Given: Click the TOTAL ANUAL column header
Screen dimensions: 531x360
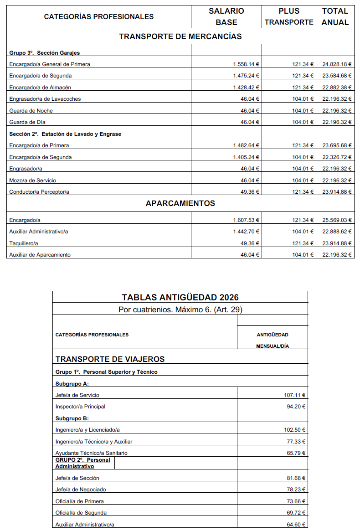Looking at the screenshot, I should (335, 17).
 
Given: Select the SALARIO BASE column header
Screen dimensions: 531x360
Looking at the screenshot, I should (226, 17).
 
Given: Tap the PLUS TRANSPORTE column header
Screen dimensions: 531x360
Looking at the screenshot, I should (289, 17).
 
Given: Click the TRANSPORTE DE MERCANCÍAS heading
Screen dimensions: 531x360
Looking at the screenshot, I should (180, 36).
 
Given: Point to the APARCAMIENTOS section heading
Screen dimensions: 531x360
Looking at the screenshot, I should (180, 203).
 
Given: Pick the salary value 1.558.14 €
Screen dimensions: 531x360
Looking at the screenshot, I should (246, 64).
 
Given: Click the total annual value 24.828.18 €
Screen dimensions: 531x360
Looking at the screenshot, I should (337, 64).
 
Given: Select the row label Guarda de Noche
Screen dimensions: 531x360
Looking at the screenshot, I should (31, 111).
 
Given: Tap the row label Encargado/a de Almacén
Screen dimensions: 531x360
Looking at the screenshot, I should (40, 88).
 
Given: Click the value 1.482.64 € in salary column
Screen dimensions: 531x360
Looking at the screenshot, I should (246, 145).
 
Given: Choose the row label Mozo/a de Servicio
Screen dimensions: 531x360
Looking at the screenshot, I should (33, 180).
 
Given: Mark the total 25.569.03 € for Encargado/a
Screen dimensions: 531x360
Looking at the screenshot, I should (337, 220).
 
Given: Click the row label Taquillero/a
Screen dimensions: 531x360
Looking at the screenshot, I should (24, 243).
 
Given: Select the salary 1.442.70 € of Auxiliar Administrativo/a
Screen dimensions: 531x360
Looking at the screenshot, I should (246, 232).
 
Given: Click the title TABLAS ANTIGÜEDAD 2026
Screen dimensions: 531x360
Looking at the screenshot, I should (180, 298).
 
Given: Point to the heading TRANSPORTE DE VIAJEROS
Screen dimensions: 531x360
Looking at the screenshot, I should (110, 359).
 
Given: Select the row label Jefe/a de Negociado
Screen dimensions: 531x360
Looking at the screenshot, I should (81, 490).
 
